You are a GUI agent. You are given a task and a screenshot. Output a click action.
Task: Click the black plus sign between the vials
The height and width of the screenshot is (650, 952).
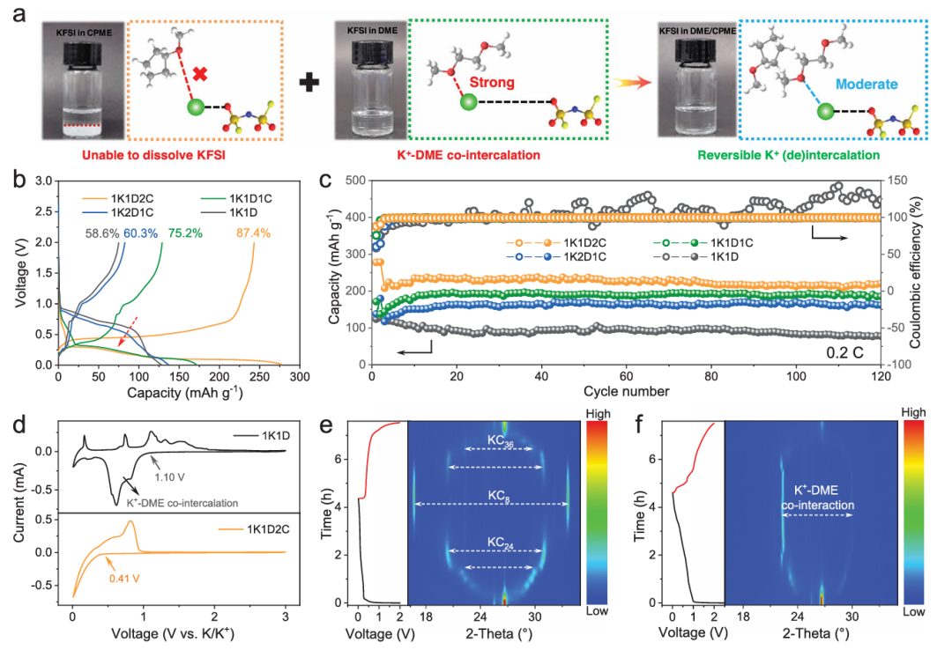(x=308, y=83)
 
